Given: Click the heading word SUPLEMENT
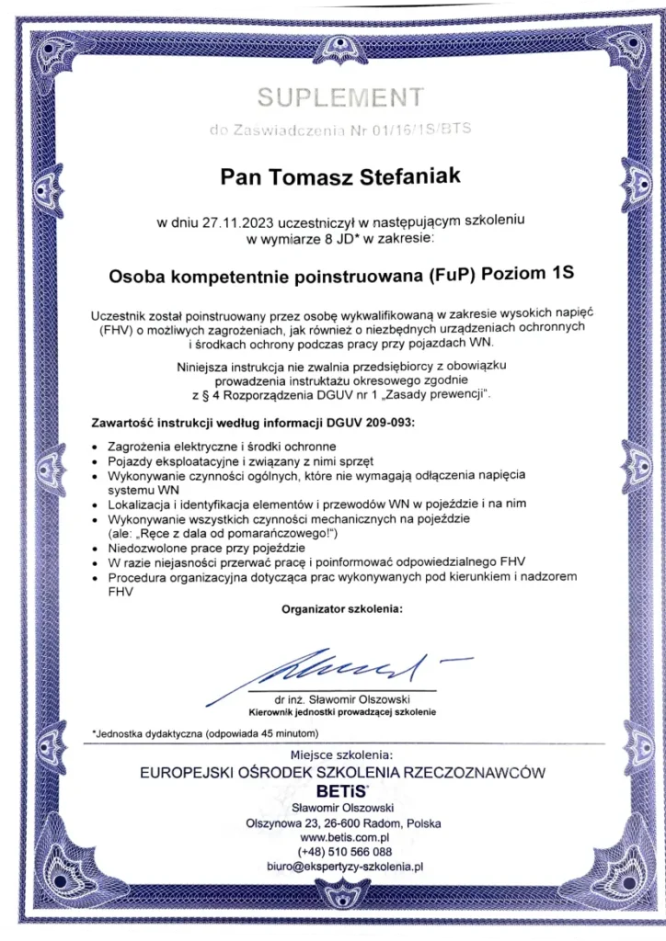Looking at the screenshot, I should tap(340, 96).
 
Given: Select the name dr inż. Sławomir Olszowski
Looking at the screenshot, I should tap(341, 700).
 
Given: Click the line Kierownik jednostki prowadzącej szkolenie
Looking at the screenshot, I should tap(341, 712).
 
